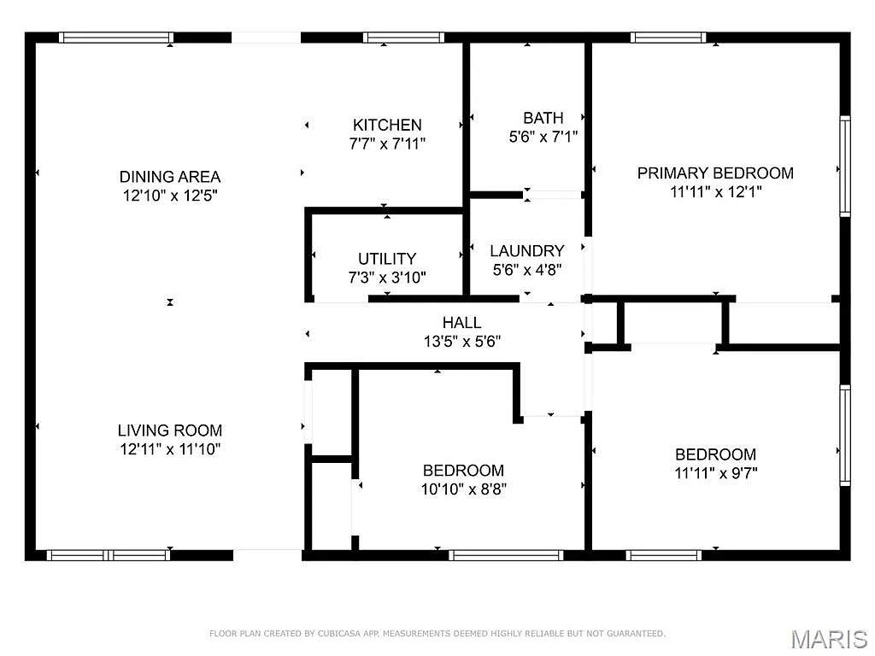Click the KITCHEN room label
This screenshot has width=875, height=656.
coord(387,125)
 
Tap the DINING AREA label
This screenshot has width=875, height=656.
coord(169,177)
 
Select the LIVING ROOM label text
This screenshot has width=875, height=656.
coord(169,430)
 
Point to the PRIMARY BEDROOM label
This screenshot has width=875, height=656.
coord(715,173)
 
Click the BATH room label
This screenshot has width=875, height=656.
coord(543,118)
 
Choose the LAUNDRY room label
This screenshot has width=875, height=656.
coord(526,251)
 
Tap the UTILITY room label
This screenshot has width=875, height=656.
coord(387,258)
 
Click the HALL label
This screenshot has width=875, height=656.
coord(461,322)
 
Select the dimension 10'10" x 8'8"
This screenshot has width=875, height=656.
coord(462,489)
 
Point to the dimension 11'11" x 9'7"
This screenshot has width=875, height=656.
coord(715,473)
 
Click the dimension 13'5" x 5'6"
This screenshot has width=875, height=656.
coord(461,341)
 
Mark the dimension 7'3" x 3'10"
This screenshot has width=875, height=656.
coord(387,277)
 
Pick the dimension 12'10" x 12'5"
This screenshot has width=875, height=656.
coord(169,196)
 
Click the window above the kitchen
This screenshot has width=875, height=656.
coord(403,38)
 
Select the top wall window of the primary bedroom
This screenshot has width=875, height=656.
coord(668,38)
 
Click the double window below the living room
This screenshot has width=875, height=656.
coord(109,555)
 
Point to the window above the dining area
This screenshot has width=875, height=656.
coord(115,38)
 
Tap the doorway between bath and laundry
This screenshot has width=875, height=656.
coord(553,195)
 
